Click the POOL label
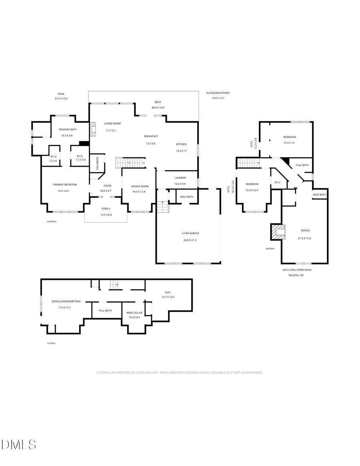click(61, 94)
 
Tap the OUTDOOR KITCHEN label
click(218, 93)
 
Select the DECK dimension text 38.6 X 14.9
click(158, 108)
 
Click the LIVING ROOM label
click(112, 124)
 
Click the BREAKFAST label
click(151, 136)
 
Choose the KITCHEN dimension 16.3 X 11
click(181, 151)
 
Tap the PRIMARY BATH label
click(68, 129)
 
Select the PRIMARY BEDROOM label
click(65, 184)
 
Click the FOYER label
click(108, 186)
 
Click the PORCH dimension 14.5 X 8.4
click(106, 215)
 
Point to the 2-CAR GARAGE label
click(189, 233)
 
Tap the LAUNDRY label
click(180, 178)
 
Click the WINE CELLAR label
click(134, 312)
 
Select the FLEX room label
click(168, 292)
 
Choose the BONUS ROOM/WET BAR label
click(66, 301)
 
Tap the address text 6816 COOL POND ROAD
click(297, 270)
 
